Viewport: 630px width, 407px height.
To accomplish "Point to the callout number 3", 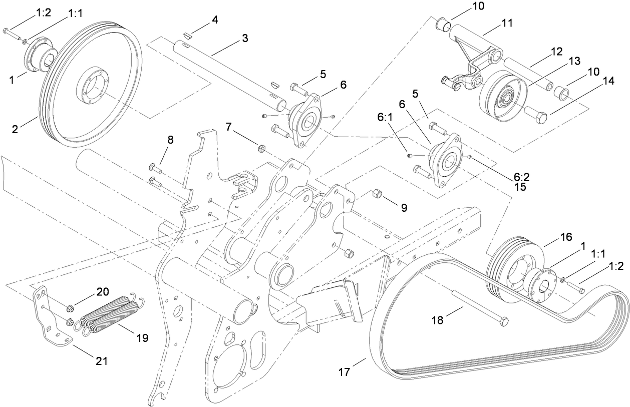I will click(245, 39).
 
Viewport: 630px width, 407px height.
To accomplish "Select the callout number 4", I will click(214, 20).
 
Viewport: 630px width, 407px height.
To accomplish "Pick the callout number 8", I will click(170, 140).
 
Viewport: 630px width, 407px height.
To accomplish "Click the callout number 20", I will click(103, 292).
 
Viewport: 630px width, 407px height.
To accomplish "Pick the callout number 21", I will click(102, 360).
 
